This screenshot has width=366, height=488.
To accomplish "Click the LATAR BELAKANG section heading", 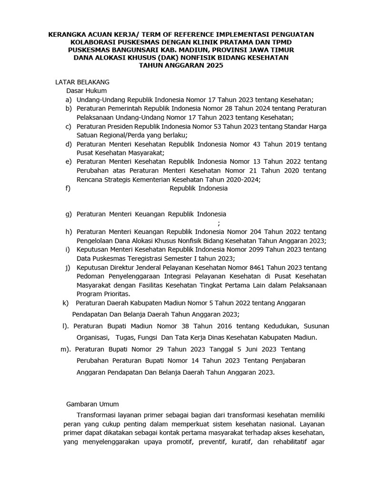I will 82,82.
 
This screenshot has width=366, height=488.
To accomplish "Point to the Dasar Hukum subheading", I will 86,91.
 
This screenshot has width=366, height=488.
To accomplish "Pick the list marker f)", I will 69,188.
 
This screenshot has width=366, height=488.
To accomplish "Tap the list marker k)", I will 66,303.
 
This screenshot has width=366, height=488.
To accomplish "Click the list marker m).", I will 66,349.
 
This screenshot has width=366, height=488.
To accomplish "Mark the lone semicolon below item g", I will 219,223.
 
